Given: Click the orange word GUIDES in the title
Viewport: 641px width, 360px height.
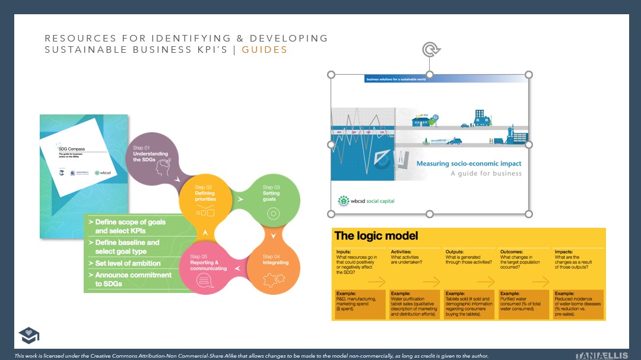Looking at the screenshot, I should pyautogui.click(x=264, y=50).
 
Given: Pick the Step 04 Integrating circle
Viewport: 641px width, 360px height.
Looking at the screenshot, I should pyautogui.click(x=272, y=267).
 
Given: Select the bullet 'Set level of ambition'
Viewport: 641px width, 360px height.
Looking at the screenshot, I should pyautogui.click(x=128, y=263).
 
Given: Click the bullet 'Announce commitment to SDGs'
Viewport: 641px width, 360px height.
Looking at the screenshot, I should pyautogui.click(x=133, y=279).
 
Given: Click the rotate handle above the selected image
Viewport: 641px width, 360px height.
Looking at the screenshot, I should pyautogui.click(x=430, y=50).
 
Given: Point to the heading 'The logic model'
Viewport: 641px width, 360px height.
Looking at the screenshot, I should pyautogui.click(x=376, y=236).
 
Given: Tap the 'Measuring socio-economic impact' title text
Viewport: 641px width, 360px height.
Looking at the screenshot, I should pyautogui.click(x=469, y=164).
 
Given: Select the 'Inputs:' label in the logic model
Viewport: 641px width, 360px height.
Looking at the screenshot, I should pyautogui.click(x=344, y=251).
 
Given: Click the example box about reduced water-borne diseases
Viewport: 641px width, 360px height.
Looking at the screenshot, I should pyautogui.click(x=577, y=304).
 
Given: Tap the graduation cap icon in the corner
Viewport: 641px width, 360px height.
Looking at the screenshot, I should pyautogui.click(x=28, y=335).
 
